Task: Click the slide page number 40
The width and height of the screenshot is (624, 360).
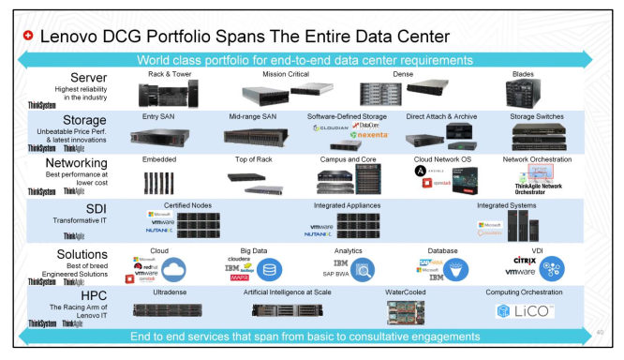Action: [x=599, y=331]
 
